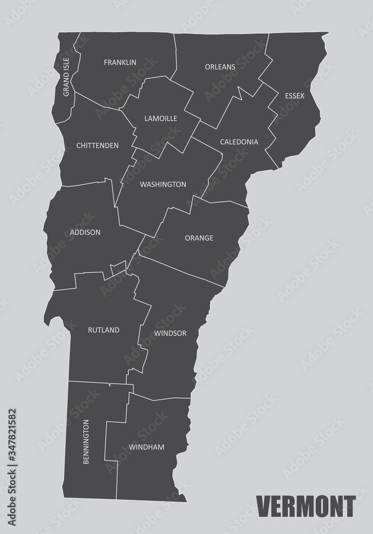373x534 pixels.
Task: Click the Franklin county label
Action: click(x=120, y=62)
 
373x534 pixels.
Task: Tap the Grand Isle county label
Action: click(x=66, y=77)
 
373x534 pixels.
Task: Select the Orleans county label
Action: click(x=220, y=67)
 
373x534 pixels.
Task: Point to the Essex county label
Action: click(x=294, y=96)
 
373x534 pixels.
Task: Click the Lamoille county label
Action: click(x=160, y=118)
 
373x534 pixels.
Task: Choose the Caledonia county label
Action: click(x=239, y=142)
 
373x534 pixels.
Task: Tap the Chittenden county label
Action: click(x=97, y=145)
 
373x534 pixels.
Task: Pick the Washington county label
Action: click(x=163, y=185)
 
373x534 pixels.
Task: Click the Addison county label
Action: click(x=85, y=232)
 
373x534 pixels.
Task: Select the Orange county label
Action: click(x=199, y=238)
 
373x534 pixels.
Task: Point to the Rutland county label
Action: click(x=103, y=330)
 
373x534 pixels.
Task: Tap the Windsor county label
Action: click(x=170, y=333)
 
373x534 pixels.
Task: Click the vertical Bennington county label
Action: click(x=86, y=441)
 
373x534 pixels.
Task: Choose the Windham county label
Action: click(x=146, y=447)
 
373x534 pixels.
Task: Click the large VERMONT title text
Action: click(x=305, y=505)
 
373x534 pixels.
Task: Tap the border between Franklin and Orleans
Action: click(x=175, y=53)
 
